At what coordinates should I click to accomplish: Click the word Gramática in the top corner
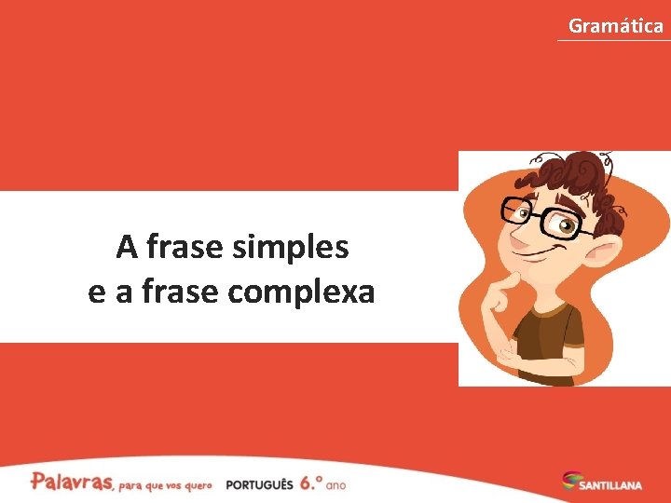615,25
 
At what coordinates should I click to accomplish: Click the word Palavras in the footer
72,482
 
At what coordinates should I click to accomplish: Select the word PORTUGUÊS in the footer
259,485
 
